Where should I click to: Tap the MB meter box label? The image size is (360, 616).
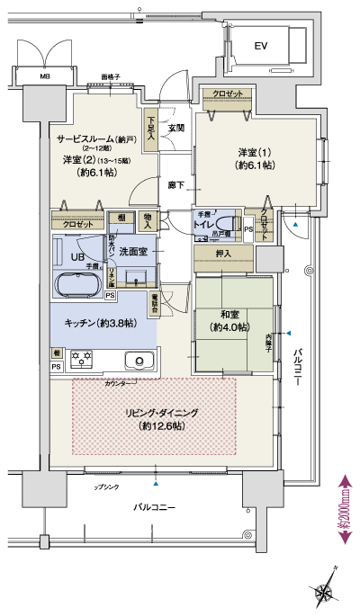click(x=44, y=76)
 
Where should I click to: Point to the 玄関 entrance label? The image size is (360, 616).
click(x=175, y=129)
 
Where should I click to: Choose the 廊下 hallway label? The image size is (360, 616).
click(x=175, y=185)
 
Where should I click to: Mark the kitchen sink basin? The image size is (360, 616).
click(x=141, y=361)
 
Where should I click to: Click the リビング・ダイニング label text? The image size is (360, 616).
click(x=164, y=413)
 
